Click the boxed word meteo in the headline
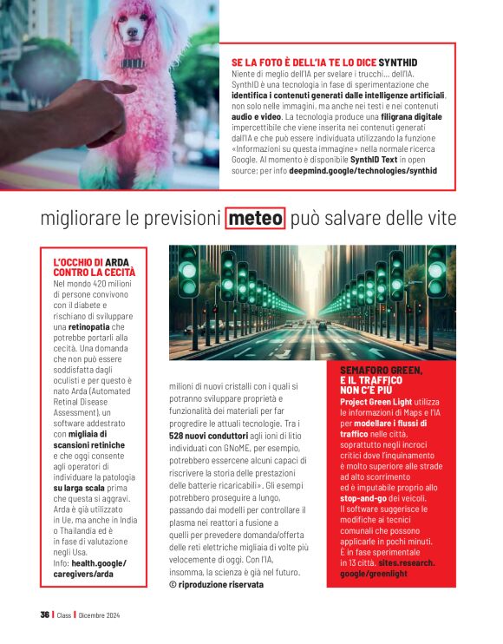[x=255, y=219]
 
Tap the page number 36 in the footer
[x=44, y=614]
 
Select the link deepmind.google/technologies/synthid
[x=363, y=171]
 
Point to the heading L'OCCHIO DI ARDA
[x=95, y=266]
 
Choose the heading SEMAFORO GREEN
[x=382, y=376]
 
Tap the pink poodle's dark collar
[x=133, y=63]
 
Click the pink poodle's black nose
[x=128, y=34]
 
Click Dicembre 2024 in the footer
[x=100, y=615]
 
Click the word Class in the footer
[x=65, y=615]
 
